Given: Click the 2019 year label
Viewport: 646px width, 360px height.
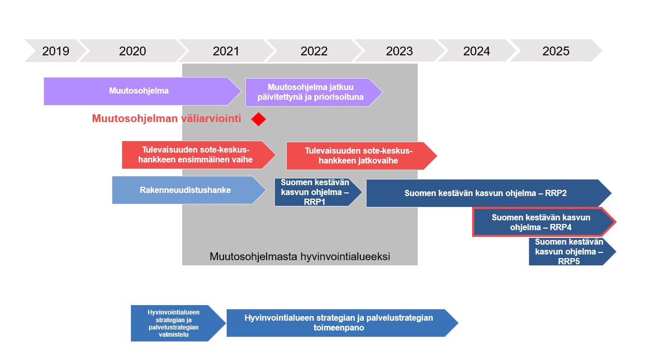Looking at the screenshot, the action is click(56, 51).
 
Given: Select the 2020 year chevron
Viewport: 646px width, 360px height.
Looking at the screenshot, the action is click(133, 51).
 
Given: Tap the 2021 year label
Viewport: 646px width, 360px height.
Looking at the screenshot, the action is click(226, 51).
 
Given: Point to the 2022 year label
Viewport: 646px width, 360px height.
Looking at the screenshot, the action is click(314, 51).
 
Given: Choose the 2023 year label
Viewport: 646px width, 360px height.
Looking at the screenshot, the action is click(400, 51).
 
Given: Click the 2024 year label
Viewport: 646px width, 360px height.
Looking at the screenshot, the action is click(477, 51).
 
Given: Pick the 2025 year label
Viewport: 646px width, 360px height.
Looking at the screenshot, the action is click(556, 51).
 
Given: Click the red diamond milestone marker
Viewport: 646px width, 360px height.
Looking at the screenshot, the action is click(258, 119).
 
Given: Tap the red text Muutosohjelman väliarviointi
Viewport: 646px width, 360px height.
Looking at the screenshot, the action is click(166, 118).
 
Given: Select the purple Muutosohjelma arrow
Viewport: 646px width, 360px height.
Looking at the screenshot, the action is click(142, 91).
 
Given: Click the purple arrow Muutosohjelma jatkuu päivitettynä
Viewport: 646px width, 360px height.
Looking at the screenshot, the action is click(314, 92).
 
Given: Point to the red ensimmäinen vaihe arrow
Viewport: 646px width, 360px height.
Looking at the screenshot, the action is click(199, 155).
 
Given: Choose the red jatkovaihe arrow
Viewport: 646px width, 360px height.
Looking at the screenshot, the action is click(362, 156).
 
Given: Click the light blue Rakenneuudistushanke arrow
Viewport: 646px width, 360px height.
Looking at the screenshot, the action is click(189, 190).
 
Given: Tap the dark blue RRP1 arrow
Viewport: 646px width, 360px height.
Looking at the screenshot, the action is click(318, 192).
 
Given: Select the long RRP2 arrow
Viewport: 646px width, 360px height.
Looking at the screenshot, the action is click(489, 193).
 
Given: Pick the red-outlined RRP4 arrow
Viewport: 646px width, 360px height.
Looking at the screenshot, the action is click(544, 222).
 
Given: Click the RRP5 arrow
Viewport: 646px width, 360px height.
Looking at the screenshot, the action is click(572, 251).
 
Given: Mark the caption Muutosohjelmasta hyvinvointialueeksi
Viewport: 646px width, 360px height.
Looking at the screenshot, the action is click(300, 257).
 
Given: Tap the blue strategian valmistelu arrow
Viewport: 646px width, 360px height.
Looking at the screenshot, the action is click(178, 323).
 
